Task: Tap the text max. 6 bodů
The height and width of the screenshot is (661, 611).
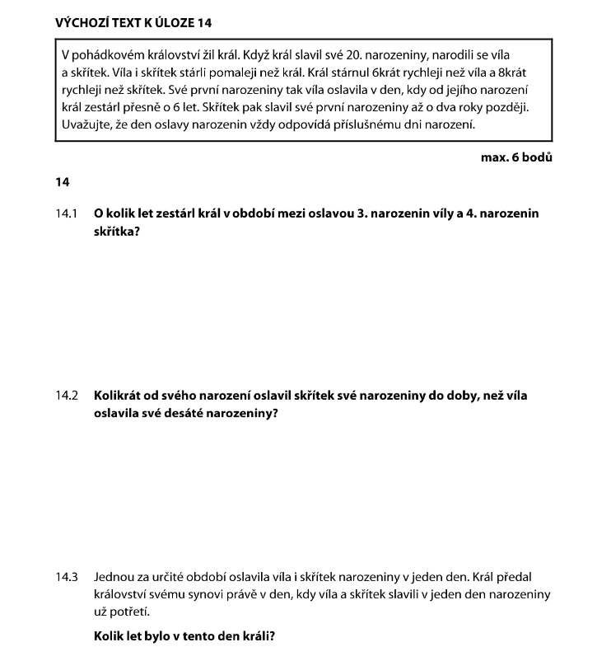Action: [516, 156]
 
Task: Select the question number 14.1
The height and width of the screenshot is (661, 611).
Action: [67, 213]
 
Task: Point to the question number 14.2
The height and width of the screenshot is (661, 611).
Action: [67, 396]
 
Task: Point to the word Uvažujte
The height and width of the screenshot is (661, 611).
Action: [90, 124]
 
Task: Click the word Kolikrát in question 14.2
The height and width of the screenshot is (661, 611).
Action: [120, 396]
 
